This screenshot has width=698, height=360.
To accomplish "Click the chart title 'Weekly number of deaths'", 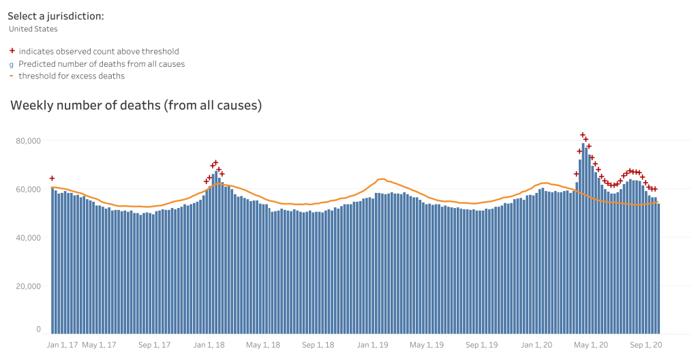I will point(136,106).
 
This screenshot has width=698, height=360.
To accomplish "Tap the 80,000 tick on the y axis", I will point(29,140).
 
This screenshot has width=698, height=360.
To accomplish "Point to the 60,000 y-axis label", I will point(29,189).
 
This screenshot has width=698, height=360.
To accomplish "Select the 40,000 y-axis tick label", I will point(29,237).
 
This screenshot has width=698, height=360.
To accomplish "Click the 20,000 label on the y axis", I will point(29,286).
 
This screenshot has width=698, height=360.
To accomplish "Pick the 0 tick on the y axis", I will point(38,329).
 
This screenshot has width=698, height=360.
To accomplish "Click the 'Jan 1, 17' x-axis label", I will point(62,345).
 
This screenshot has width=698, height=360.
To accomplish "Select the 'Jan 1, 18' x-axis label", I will point(210,345).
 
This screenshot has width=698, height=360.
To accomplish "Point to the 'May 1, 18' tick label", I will point(262,345).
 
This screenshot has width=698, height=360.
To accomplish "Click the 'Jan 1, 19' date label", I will point(372,345).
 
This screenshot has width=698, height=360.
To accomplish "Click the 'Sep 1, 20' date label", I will point(644,345).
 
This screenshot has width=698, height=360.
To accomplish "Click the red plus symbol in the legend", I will point(12,51).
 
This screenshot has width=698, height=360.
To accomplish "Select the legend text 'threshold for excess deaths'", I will point(72,76).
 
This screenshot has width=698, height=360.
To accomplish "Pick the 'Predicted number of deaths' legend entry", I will point(102,63).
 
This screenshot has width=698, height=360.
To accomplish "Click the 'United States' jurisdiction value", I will point(33,29).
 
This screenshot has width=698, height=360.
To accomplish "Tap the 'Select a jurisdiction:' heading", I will point(56,16).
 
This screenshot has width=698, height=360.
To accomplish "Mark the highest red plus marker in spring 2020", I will point(583,135).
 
